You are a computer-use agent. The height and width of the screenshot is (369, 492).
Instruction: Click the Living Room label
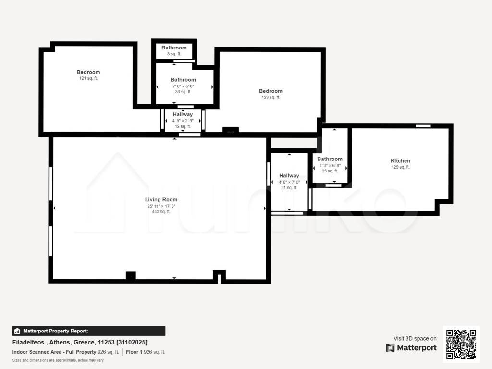click(161, 199)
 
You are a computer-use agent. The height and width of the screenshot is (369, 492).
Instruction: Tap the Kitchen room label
click(400, 160)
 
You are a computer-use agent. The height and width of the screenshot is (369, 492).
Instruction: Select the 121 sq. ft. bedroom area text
click(88, 78)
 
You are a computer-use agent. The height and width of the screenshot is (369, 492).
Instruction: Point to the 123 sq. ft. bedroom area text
click(271, 97)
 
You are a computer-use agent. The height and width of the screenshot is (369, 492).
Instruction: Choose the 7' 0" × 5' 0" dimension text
click(183, 86)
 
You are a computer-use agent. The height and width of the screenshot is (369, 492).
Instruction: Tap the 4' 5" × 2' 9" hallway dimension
click(183, 121)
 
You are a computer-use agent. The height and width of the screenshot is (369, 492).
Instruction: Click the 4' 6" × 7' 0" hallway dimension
click(289, 182)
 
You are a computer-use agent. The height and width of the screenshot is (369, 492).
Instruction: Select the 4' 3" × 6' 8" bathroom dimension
click(330, 165)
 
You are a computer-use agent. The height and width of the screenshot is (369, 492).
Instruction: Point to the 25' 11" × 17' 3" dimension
click(161, 206)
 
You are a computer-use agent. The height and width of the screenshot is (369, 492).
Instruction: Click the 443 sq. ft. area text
click(161, 212)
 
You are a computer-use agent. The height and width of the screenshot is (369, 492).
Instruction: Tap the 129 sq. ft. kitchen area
click(400, 167)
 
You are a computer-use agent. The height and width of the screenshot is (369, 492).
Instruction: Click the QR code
click(461, 344)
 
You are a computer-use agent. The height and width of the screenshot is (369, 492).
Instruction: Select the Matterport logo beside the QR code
click(411, 348)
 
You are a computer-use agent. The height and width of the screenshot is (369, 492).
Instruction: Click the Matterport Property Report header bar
click(89, 331)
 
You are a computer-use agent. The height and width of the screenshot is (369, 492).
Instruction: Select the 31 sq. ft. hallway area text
click(289, 188)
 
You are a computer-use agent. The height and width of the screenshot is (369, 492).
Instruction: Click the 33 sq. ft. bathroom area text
click(183, 92)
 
